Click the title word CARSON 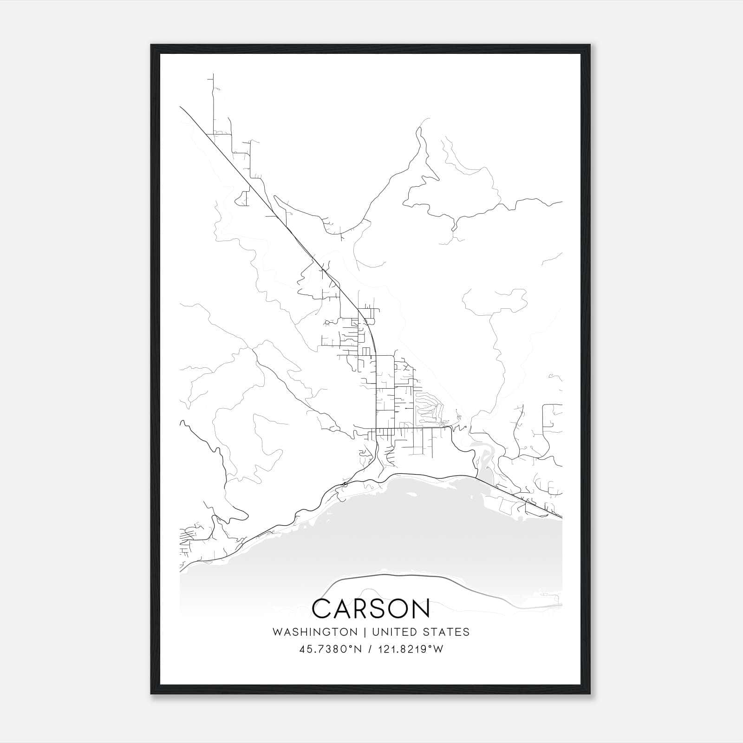[371, 609]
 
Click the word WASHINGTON [315, 632]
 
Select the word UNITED [389, 632]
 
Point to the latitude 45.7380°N [331, 649]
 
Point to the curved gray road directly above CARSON [385, 576]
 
